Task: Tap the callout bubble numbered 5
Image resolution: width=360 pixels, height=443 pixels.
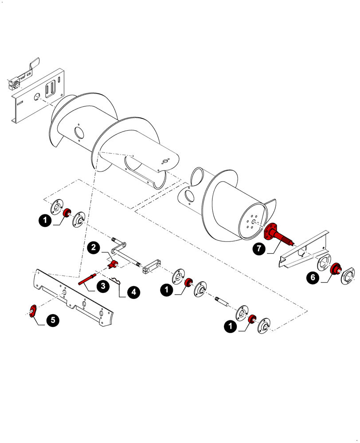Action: tap(52, 320)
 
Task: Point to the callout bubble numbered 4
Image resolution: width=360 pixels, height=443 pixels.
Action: tap(133, 292)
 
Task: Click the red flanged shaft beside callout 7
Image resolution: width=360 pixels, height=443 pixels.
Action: tap(277, 235)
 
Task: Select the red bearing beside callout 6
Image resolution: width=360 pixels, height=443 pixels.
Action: tap(335, 268)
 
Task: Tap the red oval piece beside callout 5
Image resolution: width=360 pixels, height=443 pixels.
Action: tap(32, 311)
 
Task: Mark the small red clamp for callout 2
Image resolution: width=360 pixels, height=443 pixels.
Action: tap(113, 265)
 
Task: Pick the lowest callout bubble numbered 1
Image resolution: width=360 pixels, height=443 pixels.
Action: tap(230, 327)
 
